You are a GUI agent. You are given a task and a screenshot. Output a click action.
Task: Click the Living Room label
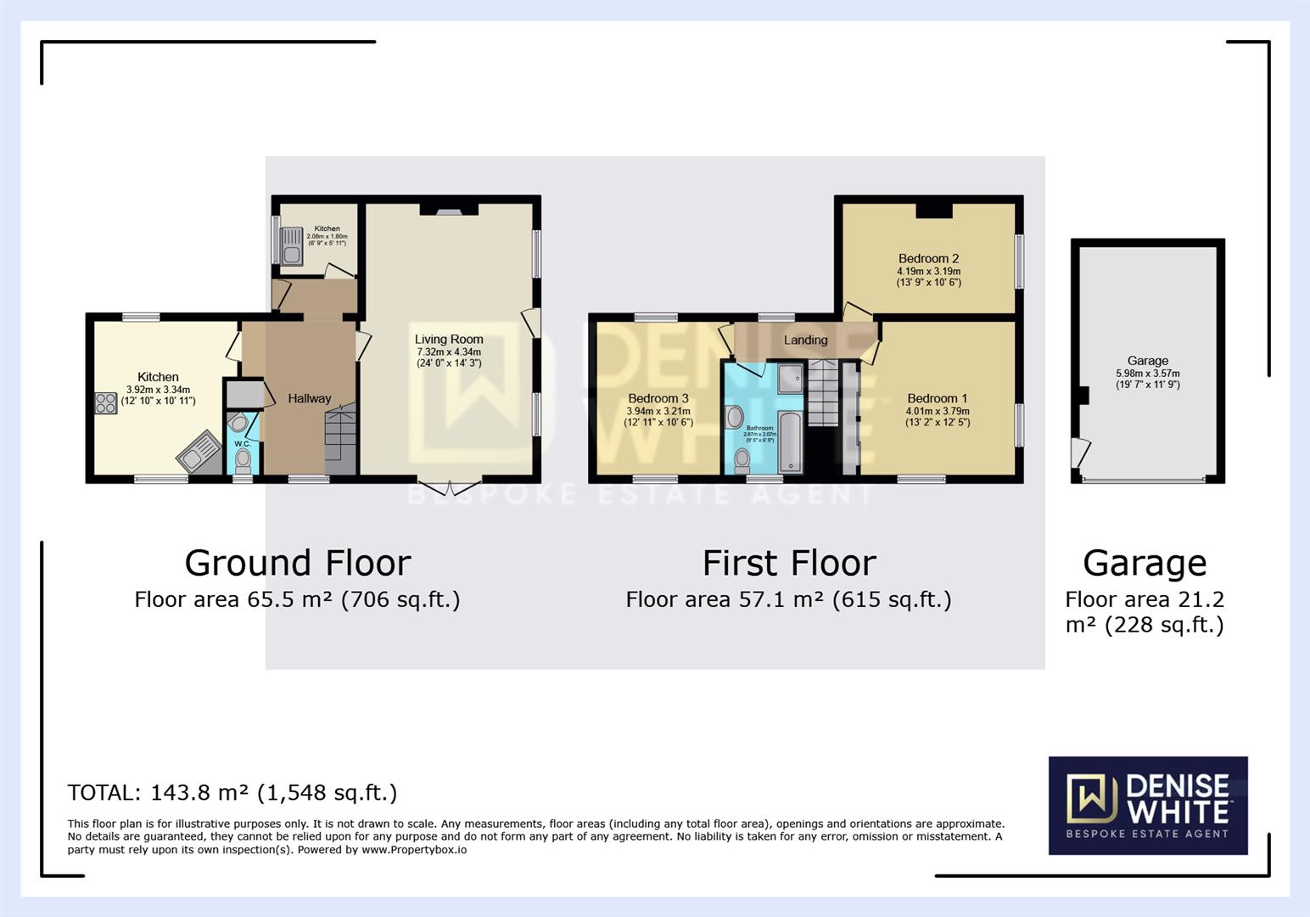[x=448, y=340]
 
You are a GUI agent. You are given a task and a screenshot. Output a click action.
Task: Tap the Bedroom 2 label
[x=928, y=259]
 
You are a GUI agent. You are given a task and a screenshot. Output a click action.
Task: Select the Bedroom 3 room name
[x=658, y=398]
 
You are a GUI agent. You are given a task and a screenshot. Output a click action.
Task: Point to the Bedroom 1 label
[x=937, y=398]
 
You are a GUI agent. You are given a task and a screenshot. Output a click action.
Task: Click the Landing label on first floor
[x=805, y=340]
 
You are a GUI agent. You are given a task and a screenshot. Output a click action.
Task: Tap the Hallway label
[x=309, y=398]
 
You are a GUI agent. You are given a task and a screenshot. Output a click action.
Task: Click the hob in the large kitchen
[x=106, y=403]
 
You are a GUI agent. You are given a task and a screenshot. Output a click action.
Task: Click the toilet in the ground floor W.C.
[x=244, y=459]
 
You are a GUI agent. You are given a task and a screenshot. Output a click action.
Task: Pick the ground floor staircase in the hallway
[x=340, y=442]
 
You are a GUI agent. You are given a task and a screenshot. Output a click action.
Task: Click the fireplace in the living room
[x=449, y=210]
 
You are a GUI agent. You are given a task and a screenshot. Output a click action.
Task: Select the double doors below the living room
[x=449, y=487]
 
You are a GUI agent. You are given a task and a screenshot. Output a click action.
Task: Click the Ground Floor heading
[x=298, y=564]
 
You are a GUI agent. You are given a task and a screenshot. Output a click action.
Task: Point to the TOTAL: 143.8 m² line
[x=232, y=793]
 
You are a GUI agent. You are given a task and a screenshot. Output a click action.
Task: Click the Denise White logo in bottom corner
[x=1147, y=805]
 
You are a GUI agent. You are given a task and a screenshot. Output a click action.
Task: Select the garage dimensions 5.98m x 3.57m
[x=1147, y=374]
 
